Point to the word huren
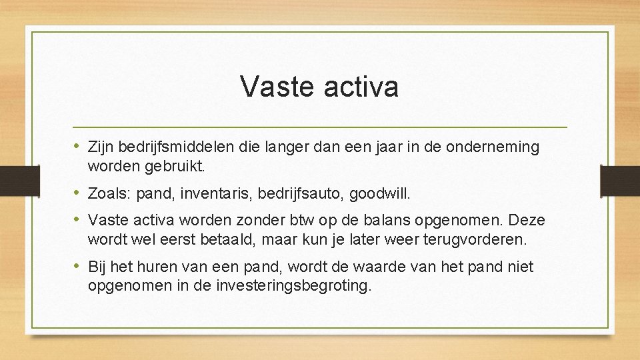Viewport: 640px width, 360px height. click(x=157, y=267)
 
